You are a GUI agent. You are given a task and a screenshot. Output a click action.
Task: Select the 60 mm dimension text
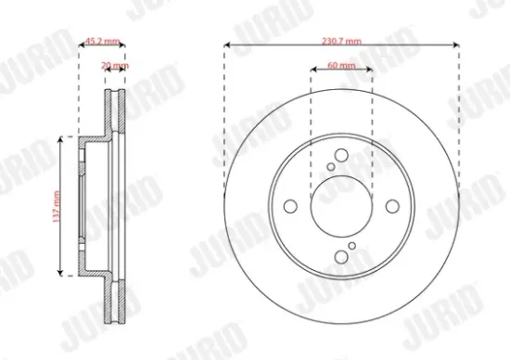tap(341, 68)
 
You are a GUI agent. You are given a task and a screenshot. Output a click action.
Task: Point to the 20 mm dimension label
tap(115, 67)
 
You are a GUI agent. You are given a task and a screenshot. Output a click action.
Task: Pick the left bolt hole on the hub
tap(290, 205)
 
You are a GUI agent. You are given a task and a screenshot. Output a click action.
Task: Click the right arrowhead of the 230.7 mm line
tap(459, 43)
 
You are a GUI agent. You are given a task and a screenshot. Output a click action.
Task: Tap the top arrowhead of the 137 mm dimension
tap(61, 138)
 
